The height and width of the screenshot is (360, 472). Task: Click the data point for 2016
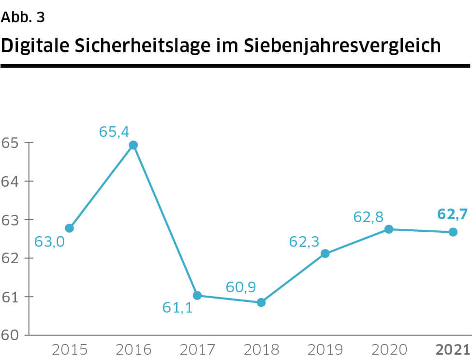[133, 145]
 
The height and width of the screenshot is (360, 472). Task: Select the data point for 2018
[261, 302]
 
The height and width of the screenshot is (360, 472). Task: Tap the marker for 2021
[453, 232]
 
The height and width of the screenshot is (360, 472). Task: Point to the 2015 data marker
[69, 228]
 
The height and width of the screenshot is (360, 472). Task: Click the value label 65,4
[115, 132]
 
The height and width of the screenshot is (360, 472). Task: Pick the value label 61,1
[177, 307]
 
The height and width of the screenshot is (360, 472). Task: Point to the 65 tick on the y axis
[10, 143]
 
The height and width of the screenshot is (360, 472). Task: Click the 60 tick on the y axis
[10, 335]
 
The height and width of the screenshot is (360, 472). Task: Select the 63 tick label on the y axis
[10, 220]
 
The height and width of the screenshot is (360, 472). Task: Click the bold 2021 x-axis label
[453, 349]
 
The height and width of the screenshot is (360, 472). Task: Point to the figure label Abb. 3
[23, 17]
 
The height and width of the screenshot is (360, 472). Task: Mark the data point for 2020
[389, 229]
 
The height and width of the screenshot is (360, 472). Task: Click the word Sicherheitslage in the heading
[147, 46]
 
